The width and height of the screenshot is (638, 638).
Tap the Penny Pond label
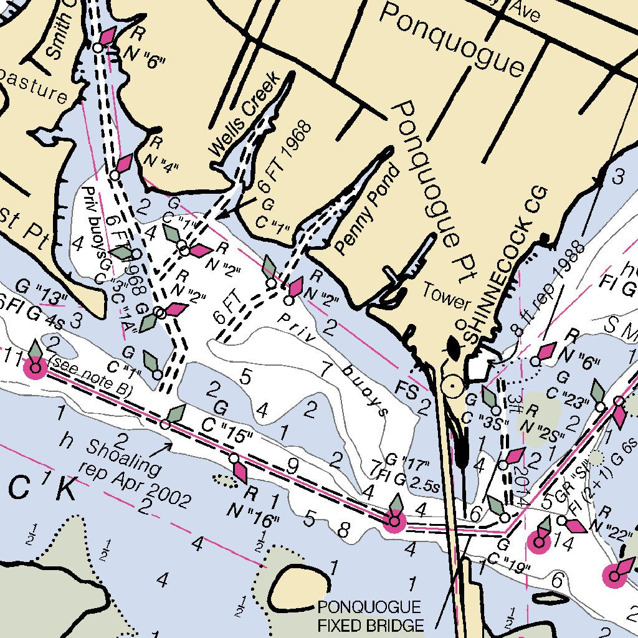pyautogui.click(x=366, y=209)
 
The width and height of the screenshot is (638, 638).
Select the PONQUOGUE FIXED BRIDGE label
pyautogui.click(x=370, y=616)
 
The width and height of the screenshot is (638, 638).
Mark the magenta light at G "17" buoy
pyautogui.click(x=394, y=520)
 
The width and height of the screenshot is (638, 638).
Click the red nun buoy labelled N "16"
pyautogui.click(x=239, y=471)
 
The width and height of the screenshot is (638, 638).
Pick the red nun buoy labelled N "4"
pyautogui.click(x=123, y=164)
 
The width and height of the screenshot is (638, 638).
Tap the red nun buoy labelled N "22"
pyautogui.click(x=576, y=526)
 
